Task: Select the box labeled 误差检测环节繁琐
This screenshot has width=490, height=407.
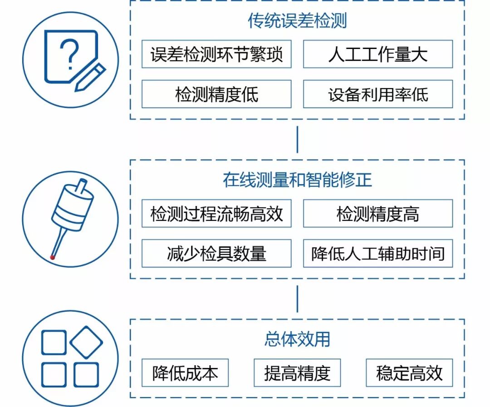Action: click(x=216, y=54)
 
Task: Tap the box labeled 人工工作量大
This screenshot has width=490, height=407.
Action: click(x=377, y=54)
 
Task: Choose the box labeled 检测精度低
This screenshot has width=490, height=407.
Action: click(x=216, y=94)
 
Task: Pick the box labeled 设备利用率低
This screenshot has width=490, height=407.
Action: click(x=377, y=94)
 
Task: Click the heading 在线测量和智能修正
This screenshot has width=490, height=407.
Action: click(x=297, y=180)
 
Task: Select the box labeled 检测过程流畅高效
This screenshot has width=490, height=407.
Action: click(x=216, y=214)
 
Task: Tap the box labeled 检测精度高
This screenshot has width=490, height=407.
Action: click(x=377, y=214)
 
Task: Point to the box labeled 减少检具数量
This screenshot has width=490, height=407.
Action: click(x=216, y=253)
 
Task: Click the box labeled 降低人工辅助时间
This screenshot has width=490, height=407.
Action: click(x=377, y=253)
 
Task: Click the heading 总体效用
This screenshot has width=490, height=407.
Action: click(x=297, y=339)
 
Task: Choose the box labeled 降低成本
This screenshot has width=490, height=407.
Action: click(x=185, y=373)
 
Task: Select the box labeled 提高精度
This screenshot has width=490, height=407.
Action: click(x=297, y=373)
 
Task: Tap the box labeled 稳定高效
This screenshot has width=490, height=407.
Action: click(x=409, y=373)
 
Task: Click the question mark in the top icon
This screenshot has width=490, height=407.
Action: click(x=69, y=54)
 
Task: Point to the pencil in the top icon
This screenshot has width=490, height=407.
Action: click(x=90, y=77)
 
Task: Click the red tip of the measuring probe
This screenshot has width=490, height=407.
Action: click(x=53, y=258)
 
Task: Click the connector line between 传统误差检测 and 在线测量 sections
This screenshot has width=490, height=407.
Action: click(x=297, y=140)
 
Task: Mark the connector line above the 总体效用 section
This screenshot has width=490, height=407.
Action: click(x=297, y=299)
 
